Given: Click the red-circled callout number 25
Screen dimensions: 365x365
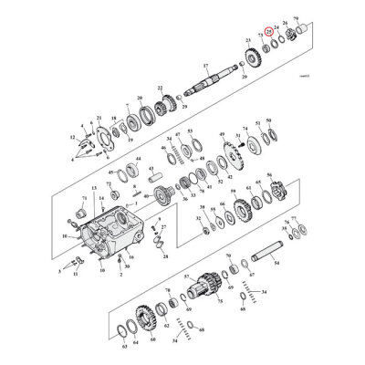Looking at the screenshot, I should pyautogui.click(x=268, y=30).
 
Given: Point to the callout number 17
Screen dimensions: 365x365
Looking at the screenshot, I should pyautogui.click(x=206, y=66).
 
